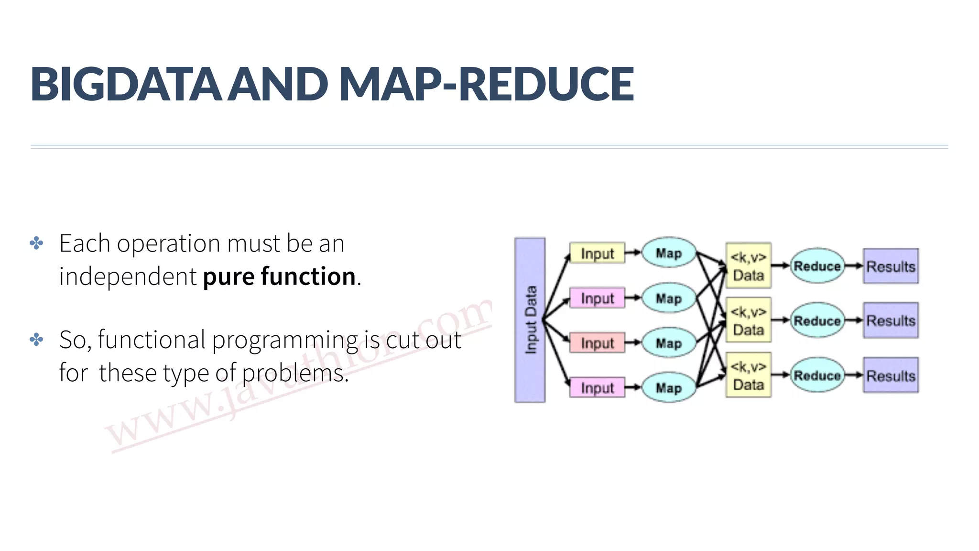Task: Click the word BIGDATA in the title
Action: tap(126, 84)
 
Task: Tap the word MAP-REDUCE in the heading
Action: tap(487, 84)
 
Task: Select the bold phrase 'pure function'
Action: tap(279, 276)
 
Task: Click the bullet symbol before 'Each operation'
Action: tap(36, 243)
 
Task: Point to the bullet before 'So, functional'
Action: tap(36, 340)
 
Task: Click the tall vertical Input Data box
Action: tap(530, 320)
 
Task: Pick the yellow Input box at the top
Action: tap(597, 253)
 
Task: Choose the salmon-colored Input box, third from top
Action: tap(597, 343)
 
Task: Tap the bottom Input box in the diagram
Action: tap(597, 388)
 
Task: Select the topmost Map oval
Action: tap(668, 253)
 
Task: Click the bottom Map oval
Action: tap(668, 388)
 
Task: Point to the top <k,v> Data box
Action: tap(748, 266)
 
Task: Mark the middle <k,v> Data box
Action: tap(748, 320)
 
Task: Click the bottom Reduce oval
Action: tap(817, 375)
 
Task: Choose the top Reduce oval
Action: tap(817, 266)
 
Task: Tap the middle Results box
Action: tap(891, 320)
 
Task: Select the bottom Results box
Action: tap(891, 375)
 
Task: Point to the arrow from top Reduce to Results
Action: tap(854, 266)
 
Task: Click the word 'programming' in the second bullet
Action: tap(285, 341)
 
